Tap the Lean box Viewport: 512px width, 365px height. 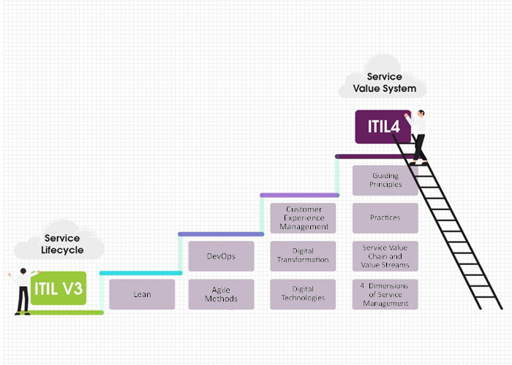142,294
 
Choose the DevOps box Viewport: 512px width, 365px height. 221,256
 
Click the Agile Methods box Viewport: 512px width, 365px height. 221,294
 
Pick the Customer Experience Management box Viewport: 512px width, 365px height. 303,218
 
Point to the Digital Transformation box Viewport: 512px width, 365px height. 303,256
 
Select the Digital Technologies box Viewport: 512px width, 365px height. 303,294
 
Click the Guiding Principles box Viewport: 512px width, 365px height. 385,180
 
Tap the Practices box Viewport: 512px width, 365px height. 385,218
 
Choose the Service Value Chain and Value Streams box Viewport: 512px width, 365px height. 385,256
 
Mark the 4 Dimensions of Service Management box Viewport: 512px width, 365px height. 385,294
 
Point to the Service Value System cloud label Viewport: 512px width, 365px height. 384,83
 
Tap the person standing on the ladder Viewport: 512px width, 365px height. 418,135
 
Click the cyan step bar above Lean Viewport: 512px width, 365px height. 140,273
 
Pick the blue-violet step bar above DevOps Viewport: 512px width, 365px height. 221,234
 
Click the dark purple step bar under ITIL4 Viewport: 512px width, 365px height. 373,156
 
